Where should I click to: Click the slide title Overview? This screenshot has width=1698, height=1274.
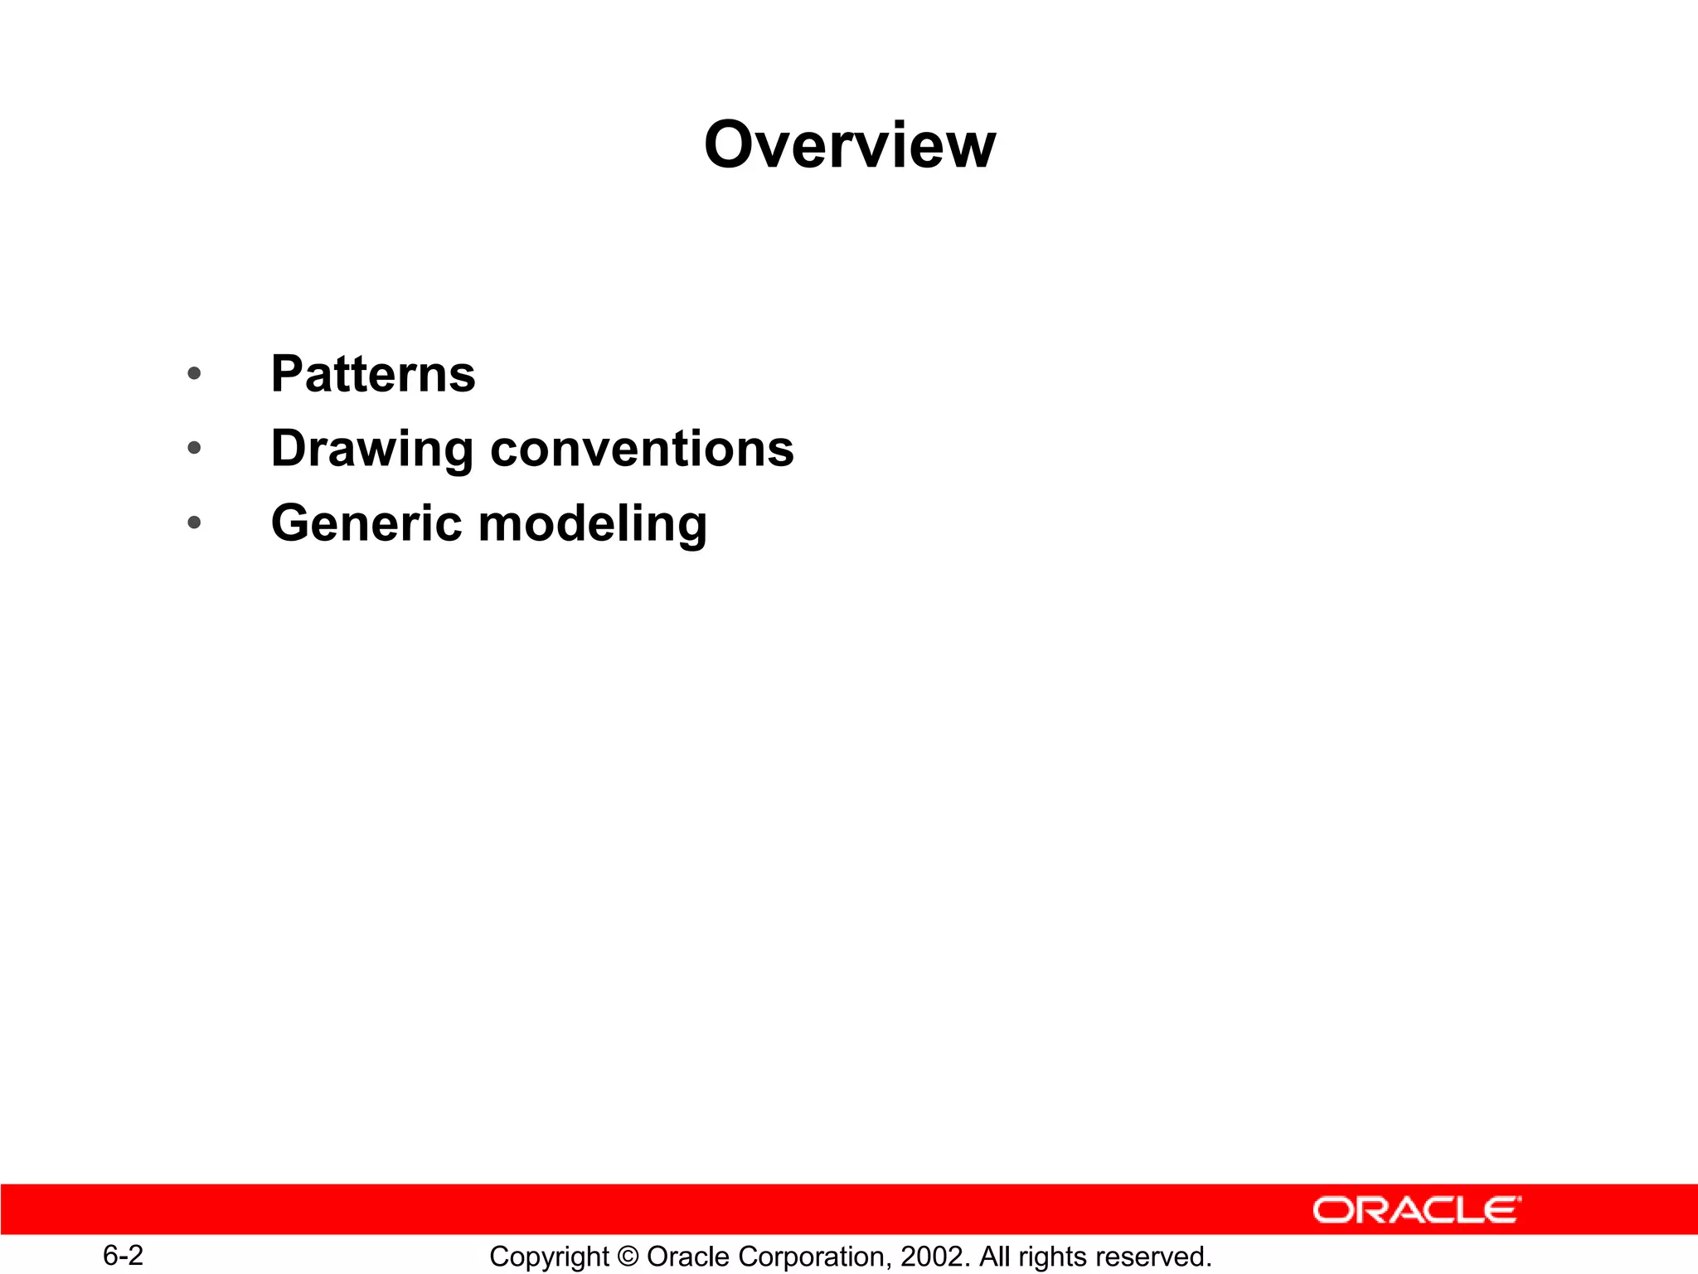(x=849, y=145)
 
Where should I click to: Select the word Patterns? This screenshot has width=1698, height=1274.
(x=373, y=374)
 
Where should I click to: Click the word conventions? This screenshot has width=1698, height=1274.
(x=642, y=449)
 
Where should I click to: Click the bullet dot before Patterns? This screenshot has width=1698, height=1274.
(x=194, y=374)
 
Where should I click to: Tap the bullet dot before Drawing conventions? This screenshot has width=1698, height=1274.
(x=194, y=449)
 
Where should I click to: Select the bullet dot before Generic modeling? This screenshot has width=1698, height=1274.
(x=194, y=523)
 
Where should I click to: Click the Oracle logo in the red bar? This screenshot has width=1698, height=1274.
(x=1416, y=1210)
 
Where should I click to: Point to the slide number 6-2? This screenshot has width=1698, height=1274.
(x=123, y=1255)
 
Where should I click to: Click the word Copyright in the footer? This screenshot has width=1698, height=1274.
(x=549, y=1257)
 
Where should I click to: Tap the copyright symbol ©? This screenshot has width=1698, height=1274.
(x=628, y=1257)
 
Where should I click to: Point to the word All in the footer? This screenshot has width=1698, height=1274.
(x=995, y=1257)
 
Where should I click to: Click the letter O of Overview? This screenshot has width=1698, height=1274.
(x=733, y=145)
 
